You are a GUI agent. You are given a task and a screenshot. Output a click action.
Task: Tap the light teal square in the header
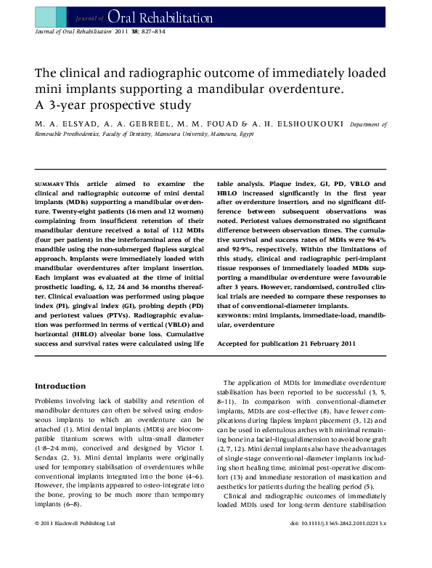[45, 15]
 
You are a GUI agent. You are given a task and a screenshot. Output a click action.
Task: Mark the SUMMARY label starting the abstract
[49, 184]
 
